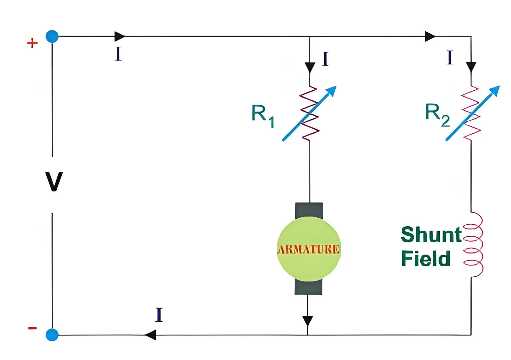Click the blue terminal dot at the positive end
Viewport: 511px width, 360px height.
tap(52, 36)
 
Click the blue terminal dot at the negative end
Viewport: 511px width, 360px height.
tap(52, 335)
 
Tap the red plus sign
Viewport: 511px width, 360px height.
tap(32, 43)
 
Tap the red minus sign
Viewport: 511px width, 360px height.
tap(32, 328)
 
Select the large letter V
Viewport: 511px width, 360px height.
tap(54, 182)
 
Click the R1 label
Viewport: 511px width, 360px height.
tap(263, 116)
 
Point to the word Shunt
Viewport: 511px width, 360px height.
tap(431, 235)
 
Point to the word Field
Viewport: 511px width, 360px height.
tap(426, 258)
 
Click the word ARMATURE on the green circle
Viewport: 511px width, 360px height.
tap(308, 249)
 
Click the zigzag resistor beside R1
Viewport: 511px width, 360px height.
tap(310, 113)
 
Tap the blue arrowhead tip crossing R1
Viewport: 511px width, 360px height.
tap(336, 86)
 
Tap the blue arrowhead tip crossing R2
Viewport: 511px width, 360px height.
tap(500, 86)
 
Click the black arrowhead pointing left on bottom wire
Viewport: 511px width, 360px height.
tap(150, 335)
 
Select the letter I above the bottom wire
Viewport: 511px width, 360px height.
tap(159, 315)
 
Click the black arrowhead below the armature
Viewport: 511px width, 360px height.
tap(308, 321)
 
